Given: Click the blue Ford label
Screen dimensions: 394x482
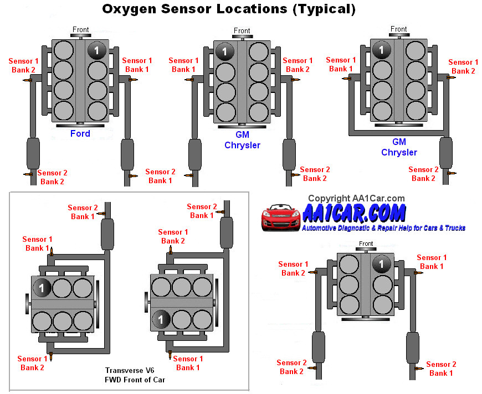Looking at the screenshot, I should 80,133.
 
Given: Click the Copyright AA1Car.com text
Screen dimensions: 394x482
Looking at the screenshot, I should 356,198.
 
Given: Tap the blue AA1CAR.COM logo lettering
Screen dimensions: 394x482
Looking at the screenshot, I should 355,213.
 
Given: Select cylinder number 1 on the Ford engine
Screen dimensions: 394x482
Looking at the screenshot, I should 96,50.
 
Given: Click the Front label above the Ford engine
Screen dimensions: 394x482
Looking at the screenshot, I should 81,30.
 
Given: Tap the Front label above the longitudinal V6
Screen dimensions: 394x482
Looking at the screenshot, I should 366,243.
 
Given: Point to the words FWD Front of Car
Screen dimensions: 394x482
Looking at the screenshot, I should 135,380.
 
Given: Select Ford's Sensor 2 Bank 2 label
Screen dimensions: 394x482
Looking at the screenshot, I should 52,177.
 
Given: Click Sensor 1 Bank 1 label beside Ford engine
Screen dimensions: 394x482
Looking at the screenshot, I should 137,65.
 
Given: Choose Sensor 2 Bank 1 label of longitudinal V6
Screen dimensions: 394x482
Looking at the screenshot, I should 441,369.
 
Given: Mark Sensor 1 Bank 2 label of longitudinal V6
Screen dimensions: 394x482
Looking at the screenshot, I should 293,268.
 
